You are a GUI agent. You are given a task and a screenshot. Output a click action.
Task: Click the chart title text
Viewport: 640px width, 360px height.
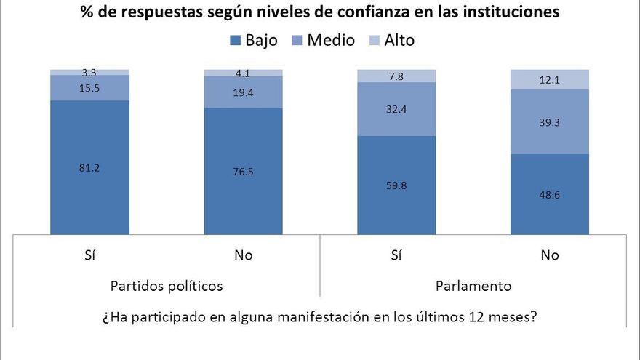pos(320,12)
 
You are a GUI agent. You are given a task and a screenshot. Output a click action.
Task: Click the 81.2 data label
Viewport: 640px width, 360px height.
pos(89,168)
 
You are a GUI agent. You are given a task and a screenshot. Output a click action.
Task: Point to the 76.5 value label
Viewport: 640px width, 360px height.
pos(244,172)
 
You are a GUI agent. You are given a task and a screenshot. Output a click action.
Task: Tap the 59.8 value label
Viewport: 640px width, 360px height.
pos(396,185)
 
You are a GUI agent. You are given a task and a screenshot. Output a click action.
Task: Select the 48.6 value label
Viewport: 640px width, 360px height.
pos(551,194)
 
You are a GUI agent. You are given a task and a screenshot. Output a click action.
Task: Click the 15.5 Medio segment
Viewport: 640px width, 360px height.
pos(89,88)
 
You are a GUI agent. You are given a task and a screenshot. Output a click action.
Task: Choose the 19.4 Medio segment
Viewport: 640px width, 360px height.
pos(244,92)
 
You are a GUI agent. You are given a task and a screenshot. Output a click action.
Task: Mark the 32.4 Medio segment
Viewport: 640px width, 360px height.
pos(396,109)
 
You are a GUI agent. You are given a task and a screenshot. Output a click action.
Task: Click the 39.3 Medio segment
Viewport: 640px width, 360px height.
pos(551,122)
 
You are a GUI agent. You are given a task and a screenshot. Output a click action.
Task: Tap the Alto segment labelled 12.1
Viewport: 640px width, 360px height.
pos(551,79)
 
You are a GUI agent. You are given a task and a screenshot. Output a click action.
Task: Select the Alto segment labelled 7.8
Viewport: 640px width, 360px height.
pos(396,76)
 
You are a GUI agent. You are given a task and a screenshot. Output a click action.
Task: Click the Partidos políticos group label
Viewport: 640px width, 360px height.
pos(166,286)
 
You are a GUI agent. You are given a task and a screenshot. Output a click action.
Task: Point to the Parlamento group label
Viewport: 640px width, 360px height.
pos(473,286)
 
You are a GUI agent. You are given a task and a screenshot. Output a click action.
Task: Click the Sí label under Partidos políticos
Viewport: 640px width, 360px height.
pos(89,255)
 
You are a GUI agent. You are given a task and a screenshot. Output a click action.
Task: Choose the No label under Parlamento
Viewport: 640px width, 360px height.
pos(551,255)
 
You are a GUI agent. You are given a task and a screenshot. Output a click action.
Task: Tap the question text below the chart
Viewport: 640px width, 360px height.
pos(320,317)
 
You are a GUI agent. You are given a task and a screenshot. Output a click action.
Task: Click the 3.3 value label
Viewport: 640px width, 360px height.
pos(89,73)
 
